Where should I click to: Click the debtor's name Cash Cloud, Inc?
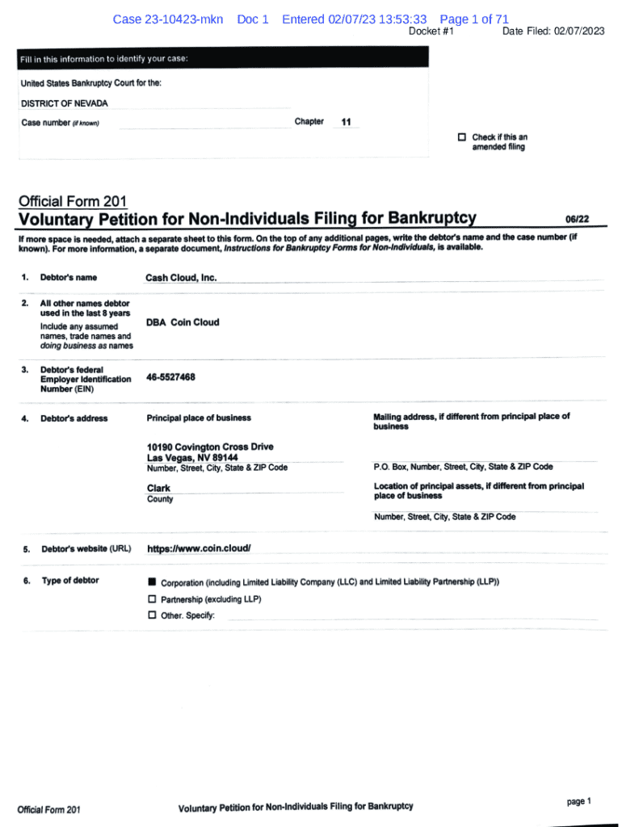pyautogui.click(x=181, y=278)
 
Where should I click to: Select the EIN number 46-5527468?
pyautogui.click(x=171, y=377)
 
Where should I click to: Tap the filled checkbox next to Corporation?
pyautogui.click(x=152, y=582)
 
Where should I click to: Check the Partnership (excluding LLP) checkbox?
pyautogui.click(x=152, y=599)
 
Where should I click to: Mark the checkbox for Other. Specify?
pyautogui.click(x=152, y=615)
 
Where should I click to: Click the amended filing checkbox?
pyautogui.click(x=462, y=137)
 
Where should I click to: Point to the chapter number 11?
pyautogui.click(x=347, y=123)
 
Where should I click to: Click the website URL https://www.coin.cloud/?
pyautogui.click(x=199, y=549)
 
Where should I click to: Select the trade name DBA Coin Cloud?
pyautogui.click(x=183, y=322)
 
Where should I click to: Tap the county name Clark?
pyautogui.click(x=159, y=488)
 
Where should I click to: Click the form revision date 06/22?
pyautogui.click(x=578, y=219)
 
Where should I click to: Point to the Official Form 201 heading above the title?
pyautogui.click(x=72, y=201)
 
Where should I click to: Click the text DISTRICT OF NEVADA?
pyautogui.click(x=64, y=103)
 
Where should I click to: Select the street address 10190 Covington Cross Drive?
pyautogui.click(x=210, y=447)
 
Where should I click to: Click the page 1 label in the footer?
pyautogui.click(x=579, y=801)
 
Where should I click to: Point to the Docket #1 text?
pyautogui.click(x=431, y=31)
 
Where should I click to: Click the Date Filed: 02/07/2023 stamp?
pyautogui.click(x=553, y=31)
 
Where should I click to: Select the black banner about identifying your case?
pyautogui.click(x=223, y=59)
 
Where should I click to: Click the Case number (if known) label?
pyautogui.click(x=60, y=123)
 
